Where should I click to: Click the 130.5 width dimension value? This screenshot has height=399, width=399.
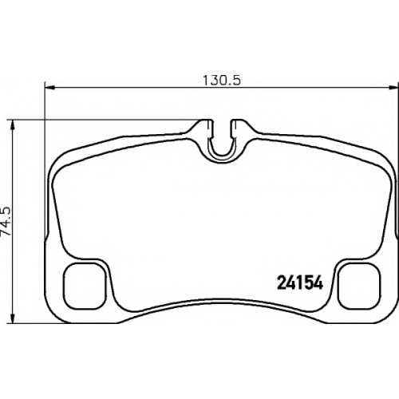tap(222, 81)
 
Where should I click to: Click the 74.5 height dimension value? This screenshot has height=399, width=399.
tap(6, 220)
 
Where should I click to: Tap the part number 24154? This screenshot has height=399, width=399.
tap(300, 282)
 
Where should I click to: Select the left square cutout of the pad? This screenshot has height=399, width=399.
tap(84, 286)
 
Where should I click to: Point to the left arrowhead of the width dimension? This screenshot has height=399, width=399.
tap(49, 87)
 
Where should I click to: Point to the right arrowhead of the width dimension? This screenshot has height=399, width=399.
tap(393, 87)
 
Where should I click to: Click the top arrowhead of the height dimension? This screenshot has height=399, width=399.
tap(12, 125)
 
